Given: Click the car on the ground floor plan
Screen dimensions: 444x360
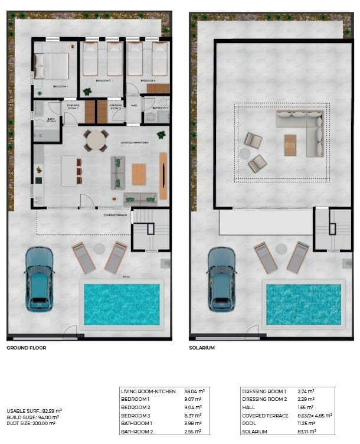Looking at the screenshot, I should [x=39, y=279].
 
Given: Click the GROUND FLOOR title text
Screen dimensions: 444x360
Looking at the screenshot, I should [x=27, y=348].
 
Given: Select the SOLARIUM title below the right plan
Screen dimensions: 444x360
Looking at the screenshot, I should [x=202, y=348].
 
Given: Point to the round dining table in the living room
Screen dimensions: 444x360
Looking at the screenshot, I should [x=96, y=141].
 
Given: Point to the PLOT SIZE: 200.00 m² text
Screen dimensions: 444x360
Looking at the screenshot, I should [x=31, y=423].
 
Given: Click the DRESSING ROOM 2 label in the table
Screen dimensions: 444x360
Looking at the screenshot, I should [x=264, y=399].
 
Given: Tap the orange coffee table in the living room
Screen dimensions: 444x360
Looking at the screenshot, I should [x=139, y=174].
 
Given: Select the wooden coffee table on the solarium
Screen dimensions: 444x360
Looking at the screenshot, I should [x=290, y=145].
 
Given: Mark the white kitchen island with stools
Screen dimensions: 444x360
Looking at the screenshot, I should [x=69, y=171].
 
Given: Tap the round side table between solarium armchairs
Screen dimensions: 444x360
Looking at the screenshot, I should [x=245, y=154].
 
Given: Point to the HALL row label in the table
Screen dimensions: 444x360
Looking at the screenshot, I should [x=248, y=407].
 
